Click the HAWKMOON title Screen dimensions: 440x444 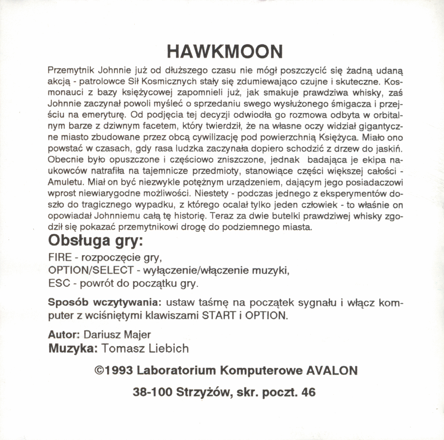coord(224,51)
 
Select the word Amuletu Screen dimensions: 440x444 coord(66,183)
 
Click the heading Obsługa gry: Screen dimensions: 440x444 coord(96,240)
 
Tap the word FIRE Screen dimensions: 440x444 coord(60,257)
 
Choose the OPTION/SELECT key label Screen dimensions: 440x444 coord(91,270)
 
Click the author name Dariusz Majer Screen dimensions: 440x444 coord(117,334)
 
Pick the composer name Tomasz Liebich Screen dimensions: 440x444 coord(145,348)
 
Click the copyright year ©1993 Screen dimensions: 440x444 coord(114,370)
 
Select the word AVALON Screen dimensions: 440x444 coord(332,370)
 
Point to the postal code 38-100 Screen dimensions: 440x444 coord(152,392)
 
